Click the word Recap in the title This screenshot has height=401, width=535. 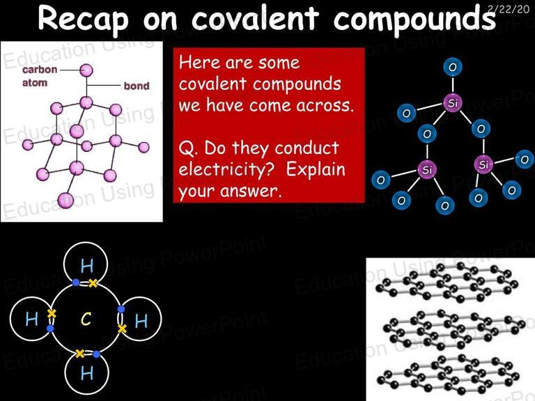coord(84,18)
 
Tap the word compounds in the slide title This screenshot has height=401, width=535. coord(414,18)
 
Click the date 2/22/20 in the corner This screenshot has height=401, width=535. coord(509,8)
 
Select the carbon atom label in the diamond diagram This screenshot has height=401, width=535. coord(40,76)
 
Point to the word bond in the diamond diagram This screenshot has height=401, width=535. coord(137,86)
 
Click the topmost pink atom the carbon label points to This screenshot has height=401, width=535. coord(86,70)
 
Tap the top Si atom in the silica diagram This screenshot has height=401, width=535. coord(452,102)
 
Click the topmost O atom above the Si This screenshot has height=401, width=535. coord(453,67)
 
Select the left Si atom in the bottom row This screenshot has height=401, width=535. coord(427,169)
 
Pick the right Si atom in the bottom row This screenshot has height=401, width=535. coord(484,165)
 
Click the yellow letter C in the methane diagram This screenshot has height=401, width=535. coord(86,319)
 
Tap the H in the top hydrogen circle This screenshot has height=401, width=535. coord(86,266)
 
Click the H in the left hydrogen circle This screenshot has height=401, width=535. coord(32,319)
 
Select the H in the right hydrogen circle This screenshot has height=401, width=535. coord(141,320)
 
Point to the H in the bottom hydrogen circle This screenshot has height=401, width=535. coord(87,372)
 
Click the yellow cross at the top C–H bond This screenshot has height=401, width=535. coord(93,283)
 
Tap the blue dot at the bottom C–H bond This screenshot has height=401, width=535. coord(96,354)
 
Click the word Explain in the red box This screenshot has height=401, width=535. coord(316,170)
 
